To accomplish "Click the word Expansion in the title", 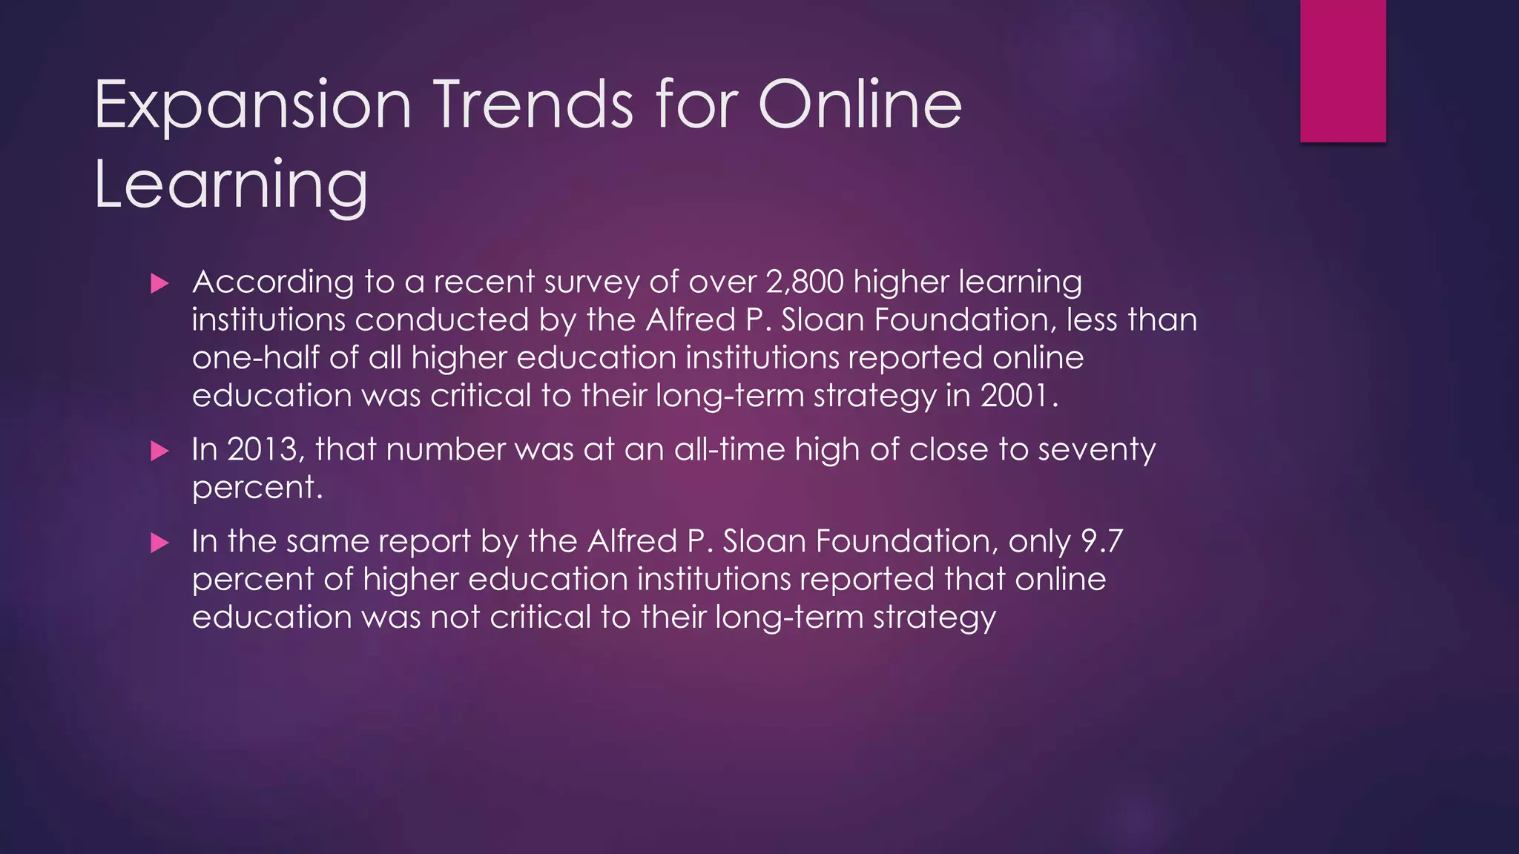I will point(253,106).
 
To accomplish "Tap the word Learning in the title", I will point(231,185).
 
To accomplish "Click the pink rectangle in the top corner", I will point(1342,70).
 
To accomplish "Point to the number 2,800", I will point(805,282).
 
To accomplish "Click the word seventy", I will point(1096,451).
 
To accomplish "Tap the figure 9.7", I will point(1101,541).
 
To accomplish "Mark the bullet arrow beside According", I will point(159,283).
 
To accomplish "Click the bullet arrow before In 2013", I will point(159,451).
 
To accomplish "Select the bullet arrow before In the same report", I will point(159,543).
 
